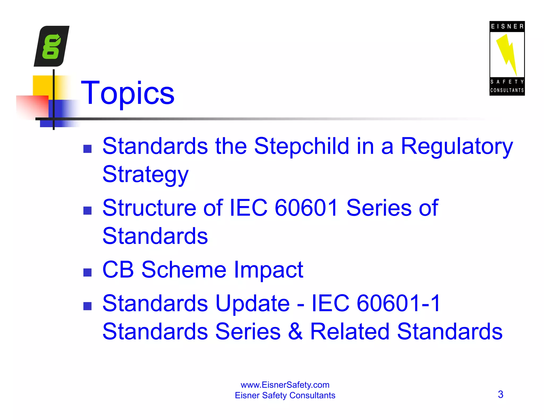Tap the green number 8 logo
(x=52, y=46)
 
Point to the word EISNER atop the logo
(x=507, y=27)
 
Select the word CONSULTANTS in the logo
(x=507, y=90)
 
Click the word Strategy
(x=145, y=175)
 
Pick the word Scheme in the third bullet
(x=184, y=270)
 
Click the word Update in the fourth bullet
(x=252, y=304)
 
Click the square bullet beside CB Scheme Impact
(x=87, y=272)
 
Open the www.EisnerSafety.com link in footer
(x=285, y=385)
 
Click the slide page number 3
(x=500, y=394)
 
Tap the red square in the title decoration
(x=32, y=106)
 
